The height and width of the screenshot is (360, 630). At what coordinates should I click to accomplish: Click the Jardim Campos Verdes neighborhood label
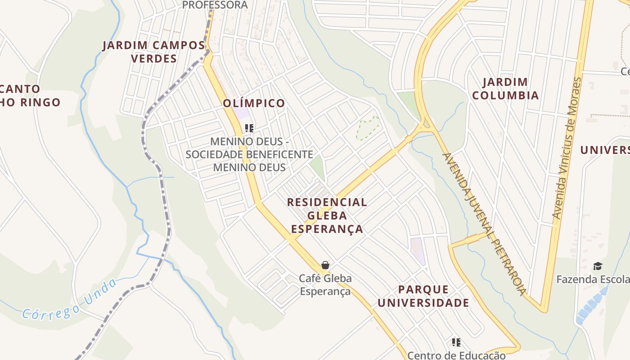(153, 52)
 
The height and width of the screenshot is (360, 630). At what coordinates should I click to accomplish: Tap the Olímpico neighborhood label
(254, 103)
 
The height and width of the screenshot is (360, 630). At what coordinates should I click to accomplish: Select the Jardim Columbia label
(505, 89)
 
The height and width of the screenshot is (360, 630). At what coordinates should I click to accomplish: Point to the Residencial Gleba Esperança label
(327, 215)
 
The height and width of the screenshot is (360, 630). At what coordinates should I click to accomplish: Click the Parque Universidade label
(423, 296)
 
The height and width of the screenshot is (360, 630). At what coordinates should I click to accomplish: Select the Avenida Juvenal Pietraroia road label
(484, 224)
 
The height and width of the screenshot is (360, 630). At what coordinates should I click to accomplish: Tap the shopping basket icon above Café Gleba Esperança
(325, 265)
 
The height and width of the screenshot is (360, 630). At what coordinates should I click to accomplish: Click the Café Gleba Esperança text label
(325, 285)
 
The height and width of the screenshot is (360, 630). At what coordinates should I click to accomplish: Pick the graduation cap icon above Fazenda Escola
(598, 266)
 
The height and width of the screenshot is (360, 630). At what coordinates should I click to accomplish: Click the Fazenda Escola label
(593, 279)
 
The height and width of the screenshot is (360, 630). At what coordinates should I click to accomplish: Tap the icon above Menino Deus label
(249, 128)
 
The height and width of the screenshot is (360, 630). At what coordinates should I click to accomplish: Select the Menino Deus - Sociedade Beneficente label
(249, 154)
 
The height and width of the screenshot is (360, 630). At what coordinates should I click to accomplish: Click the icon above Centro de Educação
(456, 342)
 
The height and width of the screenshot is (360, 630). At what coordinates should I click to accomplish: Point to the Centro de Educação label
(456, 355)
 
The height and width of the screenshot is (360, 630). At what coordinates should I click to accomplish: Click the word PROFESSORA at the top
(215, 5)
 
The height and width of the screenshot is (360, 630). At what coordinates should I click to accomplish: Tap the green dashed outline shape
(368, 128)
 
